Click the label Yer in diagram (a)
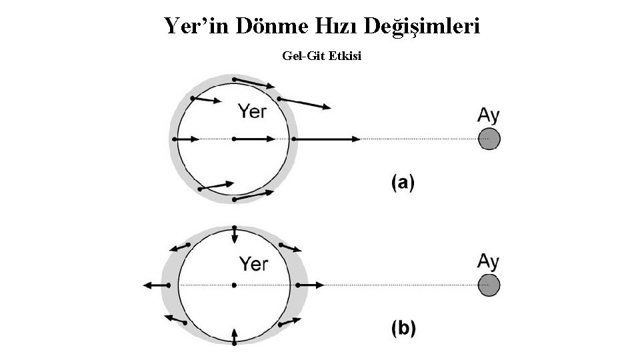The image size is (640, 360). [x=252, y=111]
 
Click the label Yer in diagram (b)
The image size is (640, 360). [x=253, y=264]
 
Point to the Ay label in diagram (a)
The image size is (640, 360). [x=489, y=115]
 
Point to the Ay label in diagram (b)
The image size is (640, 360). [x=489, y=261]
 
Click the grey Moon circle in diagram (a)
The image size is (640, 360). [x=489, y=139]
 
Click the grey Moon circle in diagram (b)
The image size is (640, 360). [x=489, y=285]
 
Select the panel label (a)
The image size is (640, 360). [x=403, y=182]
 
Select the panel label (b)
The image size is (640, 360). [x=403, y=328]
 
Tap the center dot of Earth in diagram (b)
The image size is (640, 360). [x=234, y=285]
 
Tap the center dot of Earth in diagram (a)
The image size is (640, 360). [x=234, y=139]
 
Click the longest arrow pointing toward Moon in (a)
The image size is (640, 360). [x=327, y=139]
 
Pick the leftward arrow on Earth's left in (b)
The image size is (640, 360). [x=155, y=285]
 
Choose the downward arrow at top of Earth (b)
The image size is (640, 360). [x=234, y=235]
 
